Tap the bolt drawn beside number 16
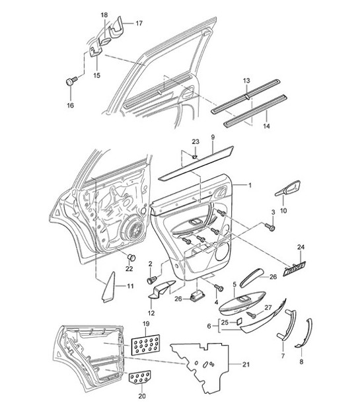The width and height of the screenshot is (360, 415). (x=71, y=82)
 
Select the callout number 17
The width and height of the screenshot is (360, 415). (x=139, y=23)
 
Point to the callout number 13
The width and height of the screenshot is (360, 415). (x=246, y=81)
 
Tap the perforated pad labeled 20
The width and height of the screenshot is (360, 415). (x=139, y=377)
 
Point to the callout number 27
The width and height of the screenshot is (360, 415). (x=268, y=307)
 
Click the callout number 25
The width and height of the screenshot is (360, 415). (x=225, y=322)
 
